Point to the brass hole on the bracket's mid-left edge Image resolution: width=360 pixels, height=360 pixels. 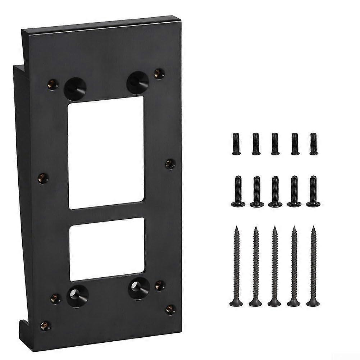pyautogui.click(x=44, y=178)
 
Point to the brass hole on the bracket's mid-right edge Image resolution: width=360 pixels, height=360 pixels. pyautogui.click(x=170, y=164)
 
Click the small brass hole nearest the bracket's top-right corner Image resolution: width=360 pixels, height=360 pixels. pyautogui.click(x=158, y=73)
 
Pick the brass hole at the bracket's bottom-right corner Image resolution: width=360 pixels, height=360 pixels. pyautogui.click(x=170, y=309)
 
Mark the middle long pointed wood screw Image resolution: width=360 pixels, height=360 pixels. pyautogui.click(x=275, y=266)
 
